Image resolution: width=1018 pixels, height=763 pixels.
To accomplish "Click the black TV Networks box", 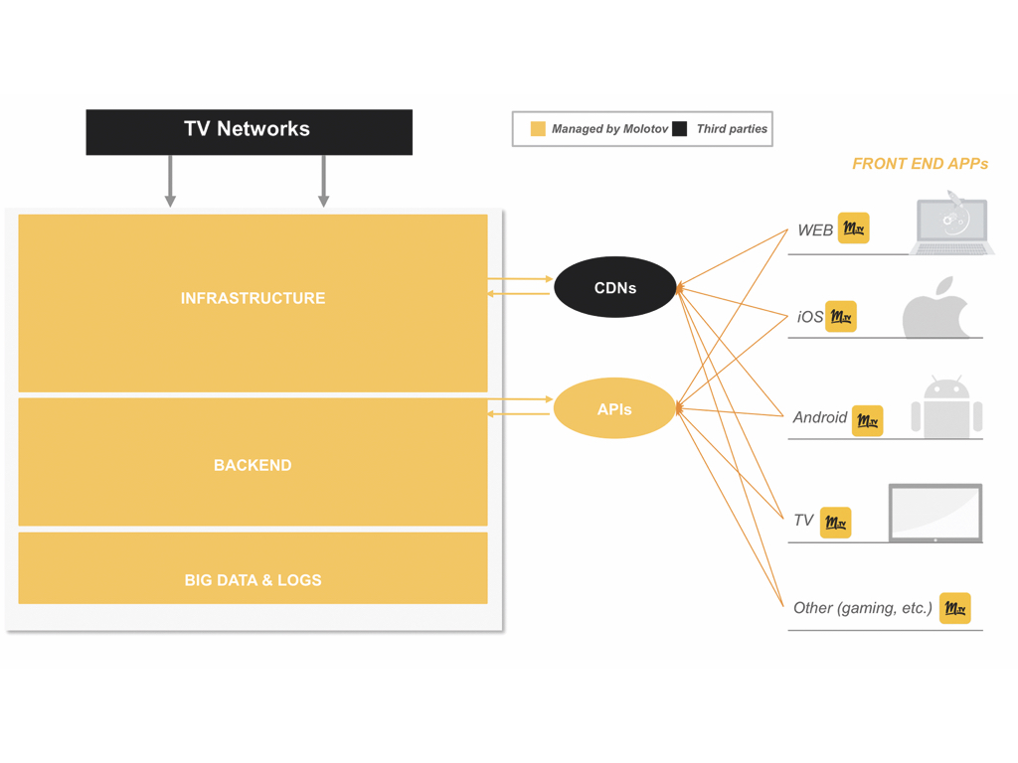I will point(249,131).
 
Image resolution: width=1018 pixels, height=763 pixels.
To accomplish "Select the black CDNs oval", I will point(614,288).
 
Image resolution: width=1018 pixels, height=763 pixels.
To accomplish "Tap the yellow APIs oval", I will point(613,408).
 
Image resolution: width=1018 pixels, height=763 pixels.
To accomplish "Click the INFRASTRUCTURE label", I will point(253,298).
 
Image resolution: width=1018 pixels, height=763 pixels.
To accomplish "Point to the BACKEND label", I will point(253,465).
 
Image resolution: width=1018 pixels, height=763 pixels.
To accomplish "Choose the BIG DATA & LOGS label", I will point(253,580).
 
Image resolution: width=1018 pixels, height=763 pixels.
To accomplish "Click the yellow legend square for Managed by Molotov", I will point(538,129).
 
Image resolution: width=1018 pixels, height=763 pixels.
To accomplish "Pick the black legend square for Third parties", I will point(680,129).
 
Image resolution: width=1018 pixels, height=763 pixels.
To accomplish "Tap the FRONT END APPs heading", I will point(920,164).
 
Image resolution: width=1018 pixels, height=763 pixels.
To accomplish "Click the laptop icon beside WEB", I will point(952,227).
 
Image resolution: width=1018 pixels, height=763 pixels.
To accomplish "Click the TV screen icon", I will point(934,513).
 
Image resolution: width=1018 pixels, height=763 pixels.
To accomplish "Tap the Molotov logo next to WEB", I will point(853,229).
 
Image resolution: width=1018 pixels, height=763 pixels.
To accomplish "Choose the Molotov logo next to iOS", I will point(841,317).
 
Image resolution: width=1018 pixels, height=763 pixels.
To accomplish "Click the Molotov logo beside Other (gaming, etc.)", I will point(954,608).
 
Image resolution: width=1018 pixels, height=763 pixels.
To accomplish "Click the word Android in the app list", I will point(820,417).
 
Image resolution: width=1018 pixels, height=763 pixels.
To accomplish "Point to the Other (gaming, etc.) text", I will point(862,608).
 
